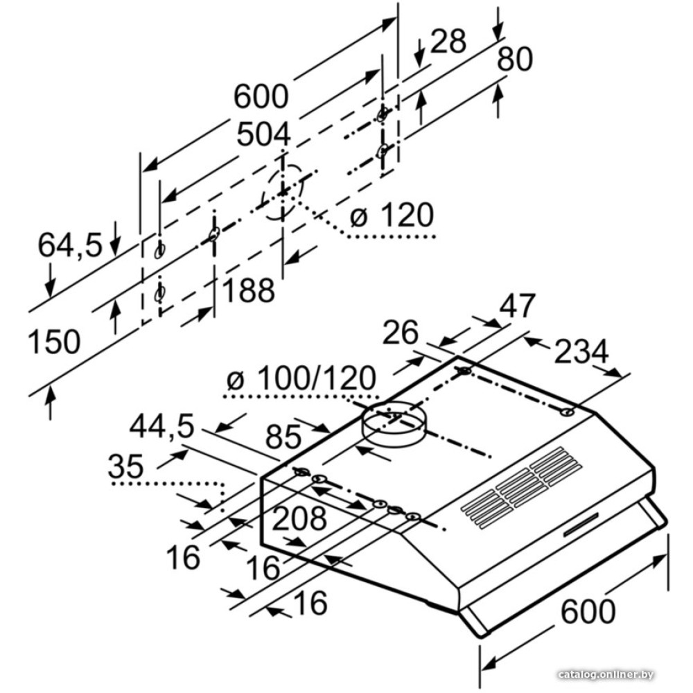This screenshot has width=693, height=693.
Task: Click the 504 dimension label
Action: pos(263,134)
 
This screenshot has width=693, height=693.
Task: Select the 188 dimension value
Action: pos(248,290)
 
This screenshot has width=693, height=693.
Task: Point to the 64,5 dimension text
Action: pos(69,245)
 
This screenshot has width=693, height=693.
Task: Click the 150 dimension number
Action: pos(54,342)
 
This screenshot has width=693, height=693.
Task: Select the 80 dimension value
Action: pos(514,60)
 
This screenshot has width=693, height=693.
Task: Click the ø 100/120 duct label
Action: pos(301,379)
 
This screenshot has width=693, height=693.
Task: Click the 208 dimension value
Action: pos(299,518)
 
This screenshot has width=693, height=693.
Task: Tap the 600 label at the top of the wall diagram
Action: pos(260,96)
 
